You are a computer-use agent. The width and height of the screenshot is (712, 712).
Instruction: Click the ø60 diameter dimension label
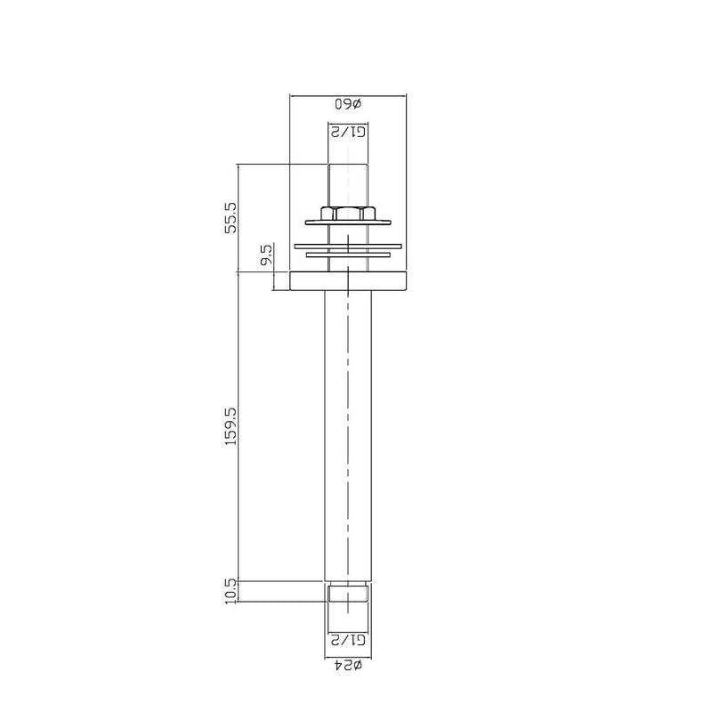pyautogui.click(x=348, y=103)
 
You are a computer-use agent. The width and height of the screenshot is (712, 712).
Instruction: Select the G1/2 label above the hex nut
pyautogui.click(x=348, y=132)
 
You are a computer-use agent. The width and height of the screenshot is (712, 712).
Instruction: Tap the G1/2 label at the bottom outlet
pyautogui.click(x=348, y=639)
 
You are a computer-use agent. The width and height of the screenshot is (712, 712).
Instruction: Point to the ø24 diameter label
pyautogui.click(x=348, y=665)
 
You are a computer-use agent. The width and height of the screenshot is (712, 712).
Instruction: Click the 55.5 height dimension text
pyautogui.click(x=231, y=217)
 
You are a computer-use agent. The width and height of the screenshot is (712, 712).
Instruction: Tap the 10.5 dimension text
pyautogui.click(x=231, y=592)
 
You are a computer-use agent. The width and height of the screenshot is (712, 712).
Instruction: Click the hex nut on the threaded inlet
pyautogui.click(x=348, y=213)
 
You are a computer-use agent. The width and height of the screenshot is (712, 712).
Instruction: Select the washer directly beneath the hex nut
pyautogui.click(x=348, y=222)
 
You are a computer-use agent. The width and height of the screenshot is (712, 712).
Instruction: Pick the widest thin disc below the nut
pyautogui.click(x=348, y=245)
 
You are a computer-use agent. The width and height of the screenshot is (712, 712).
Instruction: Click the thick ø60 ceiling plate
pyautogui.click(x=348, y=282)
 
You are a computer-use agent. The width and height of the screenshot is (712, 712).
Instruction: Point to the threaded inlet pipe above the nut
pyautogui.click(x=348, y=184)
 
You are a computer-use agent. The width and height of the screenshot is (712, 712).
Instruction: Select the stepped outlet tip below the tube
pyautogui.click(x=348, y=594)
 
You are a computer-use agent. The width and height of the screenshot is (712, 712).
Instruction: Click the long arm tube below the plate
pyautogui.click(x=348, y=436)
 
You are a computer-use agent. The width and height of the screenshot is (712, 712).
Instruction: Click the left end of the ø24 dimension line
pyautogui.click(x=326, y=654)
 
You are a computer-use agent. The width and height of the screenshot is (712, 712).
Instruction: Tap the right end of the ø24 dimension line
pyautogui.click(x=371, y=654)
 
